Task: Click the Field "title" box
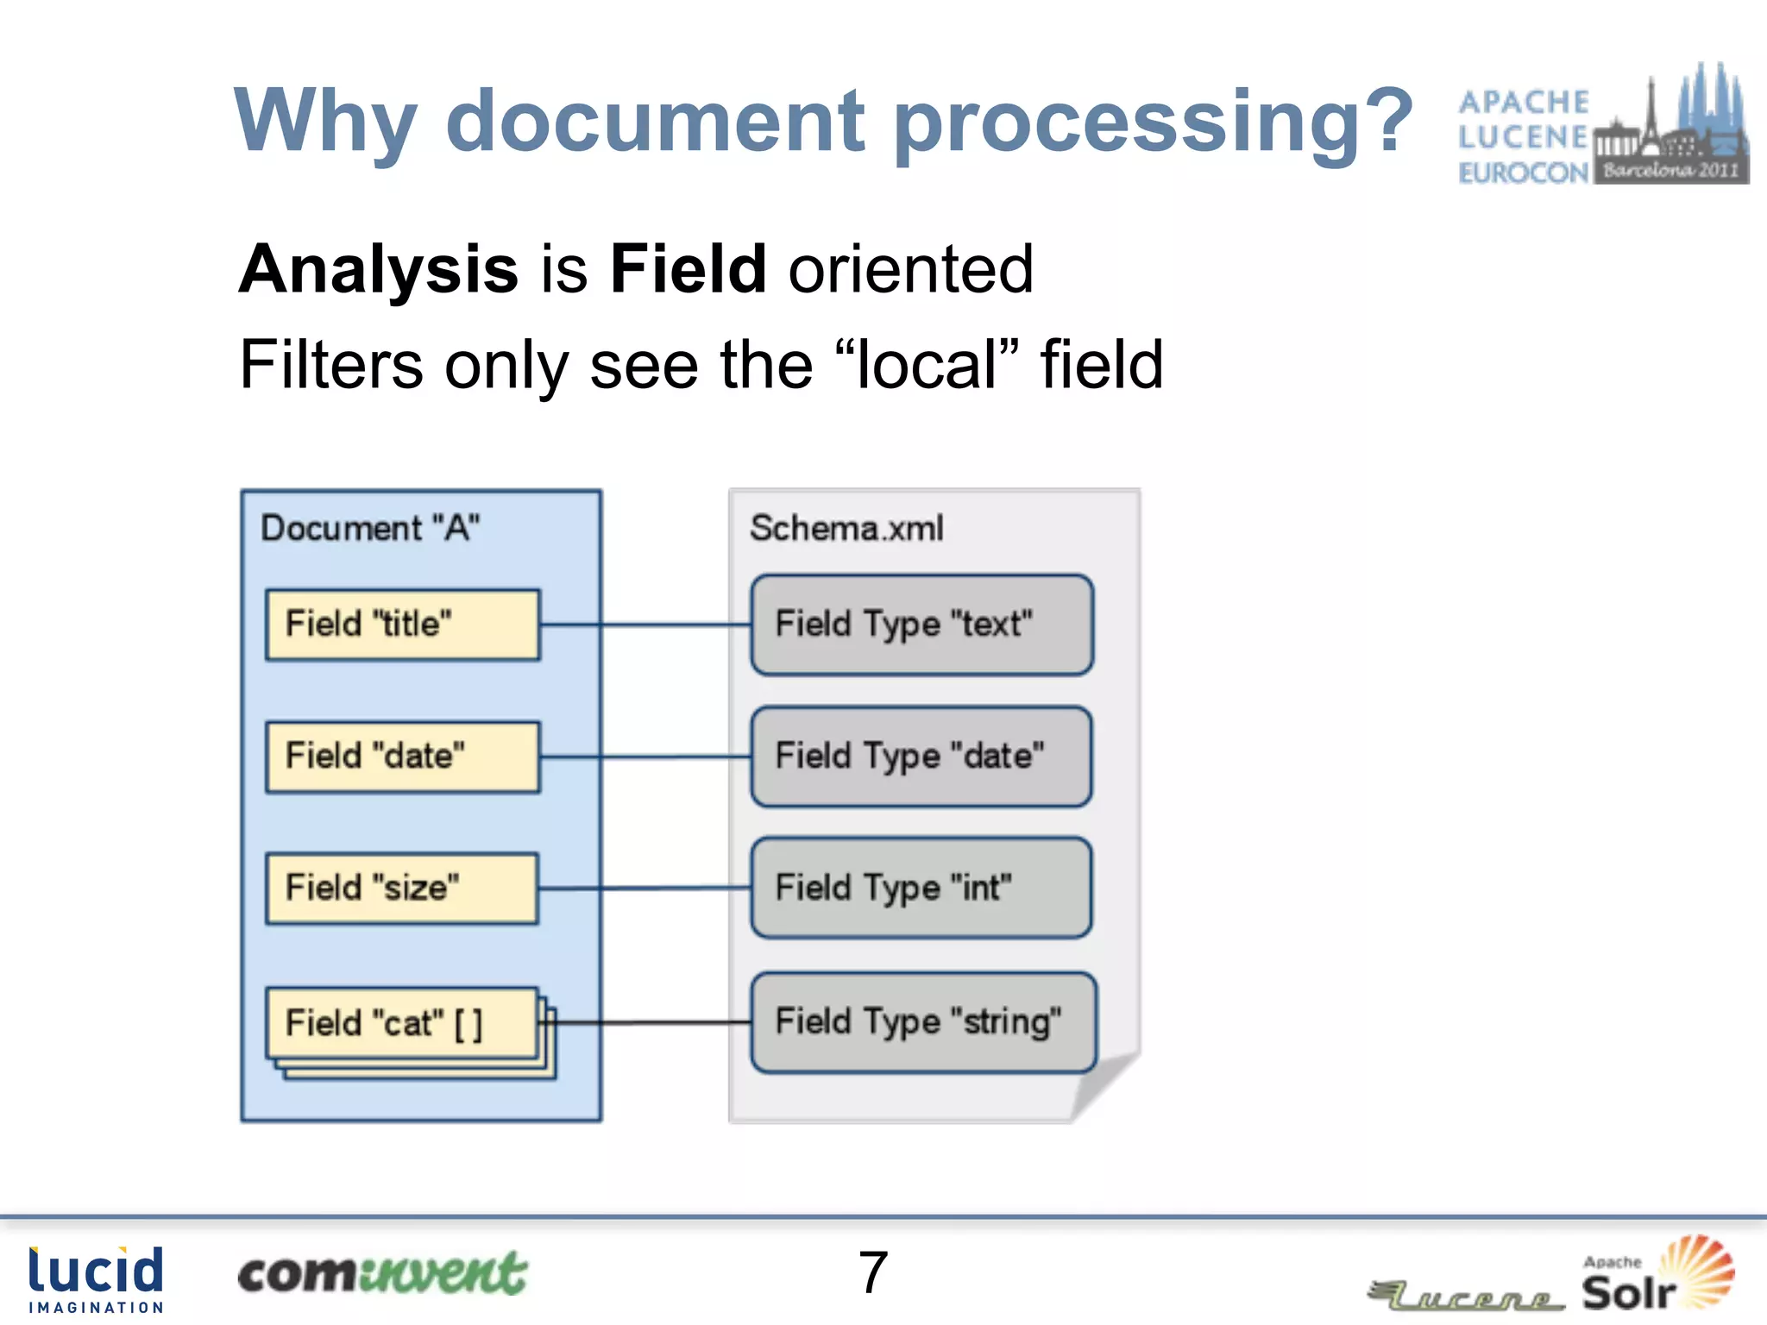[x=403, y=625]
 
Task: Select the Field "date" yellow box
[x=403, y=757]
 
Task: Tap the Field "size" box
[x=403, y=889]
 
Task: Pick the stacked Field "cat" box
[x=403, y=1024]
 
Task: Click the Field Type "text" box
[x=921, y=625]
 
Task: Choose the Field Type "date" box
[x=921, y=757]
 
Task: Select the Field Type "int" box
[x=921, y=888]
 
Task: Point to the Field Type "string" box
[x=923, y=1022]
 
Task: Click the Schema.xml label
[x=846, y=528]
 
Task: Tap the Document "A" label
[x=370, y=528]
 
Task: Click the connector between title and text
[x=645, y=625]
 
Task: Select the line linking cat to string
[x=652, y=1022]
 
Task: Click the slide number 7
[x=873, y=1272]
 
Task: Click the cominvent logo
[x=381, y=1274]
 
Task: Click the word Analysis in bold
[x=378, y=269]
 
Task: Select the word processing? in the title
[x=1152, y=122]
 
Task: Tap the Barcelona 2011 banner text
[x=1670, y=170]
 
